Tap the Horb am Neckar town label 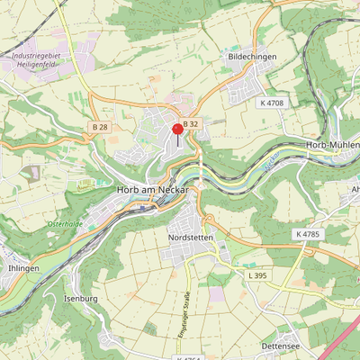pos(152,190)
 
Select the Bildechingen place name pos(252,57)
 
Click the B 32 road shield pos(190,123)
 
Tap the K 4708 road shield pos(271,103)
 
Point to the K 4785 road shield pos(307,234)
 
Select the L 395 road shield pos(257,274)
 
